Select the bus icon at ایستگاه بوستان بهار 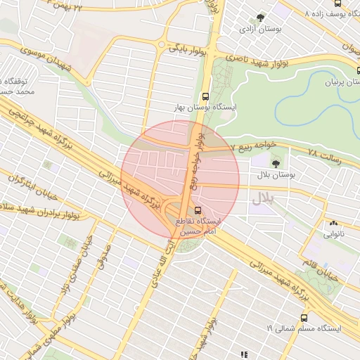click(205, 97)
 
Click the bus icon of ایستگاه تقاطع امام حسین click(197, 210)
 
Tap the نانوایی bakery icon click(333, 224)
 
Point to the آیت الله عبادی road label click(167, 264)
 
